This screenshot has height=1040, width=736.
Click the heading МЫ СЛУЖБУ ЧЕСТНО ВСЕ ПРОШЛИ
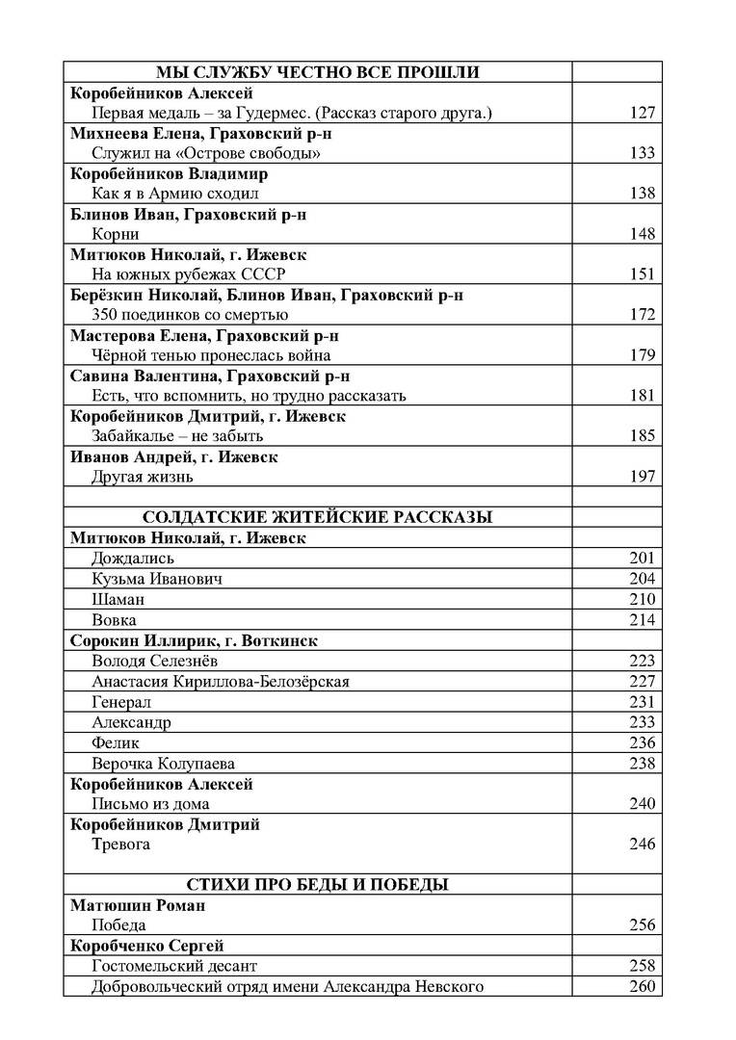click(x=318, y=72)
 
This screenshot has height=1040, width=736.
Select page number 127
click(x=642, y=113)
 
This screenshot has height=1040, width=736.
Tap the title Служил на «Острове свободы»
click(x=206, y=153)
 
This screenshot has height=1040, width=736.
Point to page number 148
click(x=642, y=234)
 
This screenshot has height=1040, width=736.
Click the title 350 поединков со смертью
click(x=190, y=315)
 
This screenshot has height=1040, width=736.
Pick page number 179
click(x=642, y=355)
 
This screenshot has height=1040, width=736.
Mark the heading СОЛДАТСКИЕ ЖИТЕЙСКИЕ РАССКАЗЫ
click(x=318, y=517)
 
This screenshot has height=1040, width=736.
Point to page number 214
click(x=642, y=620)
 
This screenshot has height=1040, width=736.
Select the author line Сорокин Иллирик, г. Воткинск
click(x=194, y=640)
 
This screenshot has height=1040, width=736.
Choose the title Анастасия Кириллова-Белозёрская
click(x=221, y=682)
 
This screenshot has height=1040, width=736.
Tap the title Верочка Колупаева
click(x=164, y=764)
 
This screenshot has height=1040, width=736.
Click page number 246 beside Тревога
click(x=642, y=845)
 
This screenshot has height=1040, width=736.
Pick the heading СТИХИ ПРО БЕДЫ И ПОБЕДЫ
click(x=318, y=885)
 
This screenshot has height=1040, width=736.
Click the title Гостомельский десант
click(x=174, y=966)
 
